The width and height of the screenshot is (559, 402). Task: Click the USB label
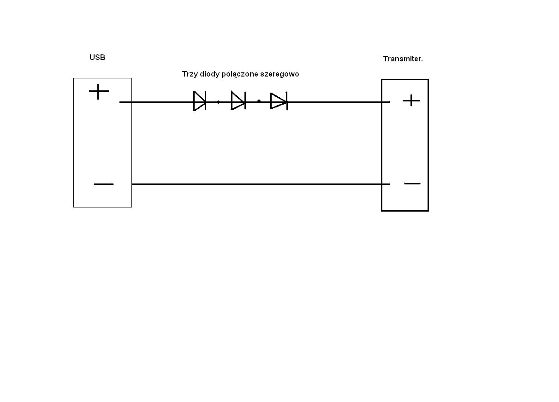click(x=97, y=57)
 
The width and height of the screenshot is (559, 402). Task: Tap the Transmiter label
click(x=403, y=59)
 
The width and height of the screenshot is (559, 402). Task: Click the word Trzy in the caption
click(x=190, y=74)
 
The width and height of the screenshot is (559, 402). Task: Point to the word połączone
click(x=239, y=74)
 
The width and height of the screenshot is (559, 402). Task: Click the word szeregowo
click(x=279, y=74)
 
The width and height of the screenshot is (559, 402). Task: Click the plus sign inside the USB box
click(x=99, y=92)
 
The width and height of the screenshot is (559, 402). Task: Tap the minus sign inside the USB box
click(x=104, y=184)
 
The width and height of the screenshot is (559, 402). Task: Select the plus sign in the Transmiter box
click(x=411, y=100)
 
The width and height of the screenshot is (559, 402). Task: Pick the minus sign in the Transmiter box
click(x=412, y=183)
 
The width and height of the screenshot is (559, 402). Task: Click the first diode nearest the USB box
click(x=200, y=101)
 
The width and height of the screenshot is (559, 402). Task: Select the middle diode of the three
click(x=238, y=100)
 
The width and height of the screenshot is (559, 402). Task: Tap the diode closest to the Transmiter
click(x=279, y=101)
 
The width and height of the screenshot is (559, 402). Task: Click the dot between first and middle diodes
click(x=218, y=102)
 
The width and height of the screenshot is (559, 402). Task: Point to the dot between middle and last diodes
click(x=259, y=101)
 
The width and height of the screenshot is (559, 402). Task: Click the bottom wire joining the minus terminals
click(x=261, y=184)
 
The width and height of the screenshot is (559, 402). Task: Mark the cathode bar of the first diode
click(x=205, y=101)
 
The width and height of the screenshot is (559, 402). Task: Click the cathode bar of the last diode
click(x=287, y=101)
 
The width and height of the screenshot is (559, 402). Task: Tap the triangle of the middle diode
click(x=237, y=100)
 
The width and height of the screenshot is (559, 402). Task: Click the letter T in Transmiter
click(x=386, y=59)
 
